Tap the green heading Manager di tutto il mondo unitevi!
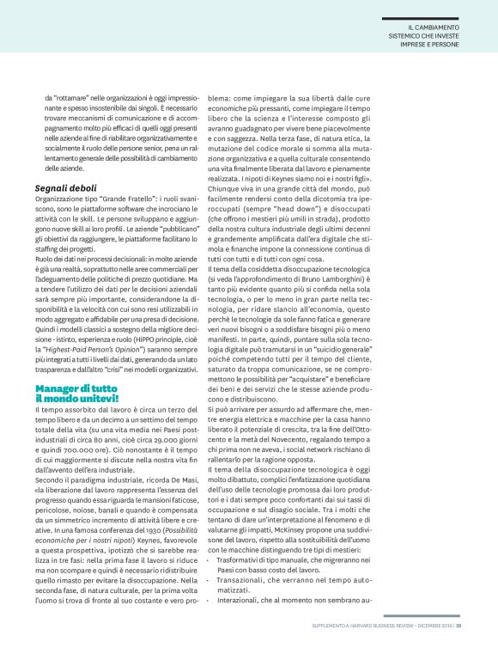(77, 394)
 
